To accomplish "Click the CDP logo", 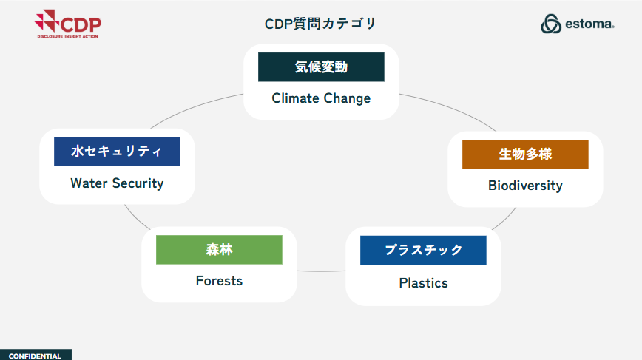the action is tap(67, 24).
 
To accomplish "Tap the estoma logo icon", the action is tap(551, 24).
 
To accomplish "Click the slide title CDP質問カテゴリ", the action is tap(320, 24).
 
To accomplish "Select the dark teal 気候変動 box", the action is tap(321, 67).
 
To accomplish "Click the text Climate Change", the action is tap(321, 98).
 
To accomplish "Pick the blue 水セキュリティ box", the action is tap(117, 152).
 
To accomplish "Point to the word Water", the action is tap(89, 183).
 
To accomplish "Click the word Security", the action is tap(138, 183).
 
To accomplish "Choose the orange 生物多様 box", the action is tap(525, 154).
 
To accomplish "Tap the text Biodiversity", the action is tap(525, 186).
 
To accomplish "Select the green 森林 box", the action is tap(219, 250).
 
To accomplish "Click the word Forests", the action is tap(219, 281).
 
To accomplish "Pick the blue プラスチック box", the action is tap(423, 250).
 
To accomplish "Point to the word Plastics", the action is tap(423, 283).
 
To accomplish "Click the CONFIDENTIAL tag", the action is tap(36, 355).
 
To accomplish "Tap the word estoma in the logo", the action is tap(589, 24).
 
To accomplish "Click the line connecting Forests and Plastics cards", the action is tap(322, 271).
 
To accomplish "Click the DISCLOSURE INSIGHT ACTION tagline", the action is tap(67, 36).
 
